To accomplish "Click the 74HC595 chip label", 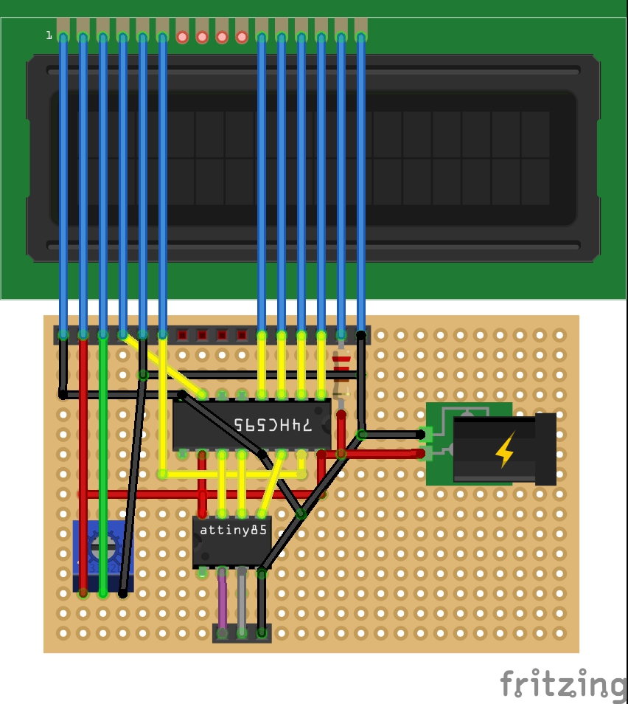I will (273, 425).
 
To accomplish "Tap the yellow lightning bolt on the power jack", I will (505, 449).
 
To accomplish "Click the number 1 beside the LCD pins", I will (49, 35).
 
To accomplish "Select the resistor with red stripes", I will (341, 369).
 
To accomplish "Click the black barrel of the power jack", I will (545, 449).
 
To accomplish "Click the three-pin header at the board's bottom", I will (242, 633).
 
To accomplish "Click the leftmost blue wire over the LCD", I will (63, 184).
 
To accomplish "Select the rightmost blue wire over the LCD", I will (361, 184).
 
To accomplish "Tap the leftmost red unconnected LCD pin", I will (183, 36).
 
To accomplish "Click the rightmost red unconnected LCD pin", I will (242, 36).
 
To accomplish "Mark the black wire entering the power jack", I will (391, 434).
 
